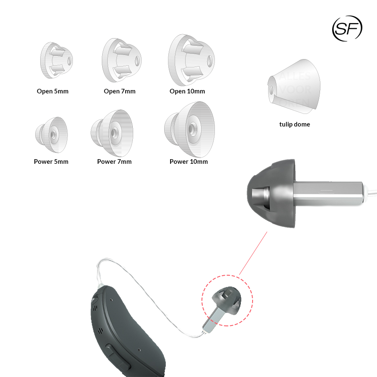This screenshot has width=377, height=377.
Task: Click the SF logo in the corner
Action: click(x=347, y=28)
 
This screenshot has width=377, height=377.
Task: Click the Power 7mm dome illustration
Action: click(x=111, y=132)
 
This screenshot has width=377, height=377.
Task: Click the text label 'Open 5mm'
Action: click(x=52, y=91)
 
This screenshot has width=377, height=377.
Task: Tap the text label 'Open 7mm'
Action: click(x=119, y=91)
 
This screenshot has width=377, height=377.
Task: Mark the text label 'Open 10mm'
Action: click(x=187, y=91)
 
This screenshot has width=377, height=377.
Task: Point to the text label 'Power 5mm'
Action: click(x=51, y=162)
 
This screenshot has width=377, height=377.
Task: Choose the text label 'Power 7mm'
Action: click(x=114, y=162)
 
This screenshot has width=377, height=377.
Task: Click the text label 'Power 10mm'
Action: click(x=188, y=162)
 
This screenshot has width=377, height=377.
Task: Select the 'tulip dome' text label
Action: click(x=294, y=124)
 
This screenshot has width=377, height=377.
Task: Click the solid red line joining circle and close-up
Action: click(x=253, y=253)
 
